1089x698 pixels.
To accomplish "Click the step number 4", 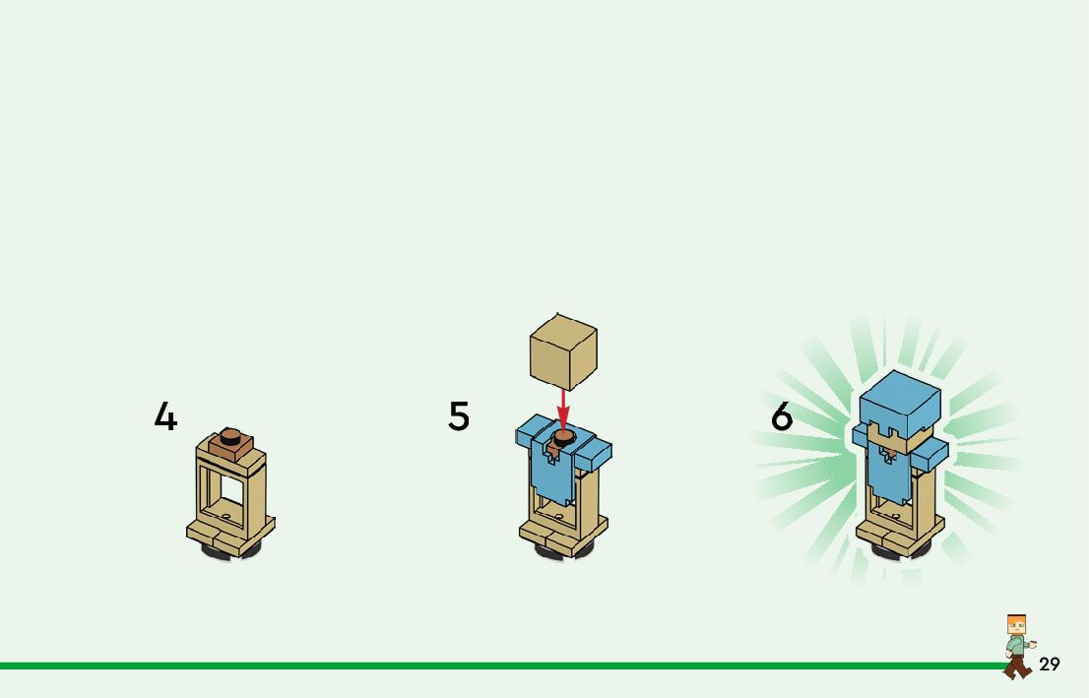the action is pyautogui.click(x=165, y=417).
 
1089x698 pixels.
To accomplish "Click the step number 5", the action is pyautogui.click(x=459, y=416).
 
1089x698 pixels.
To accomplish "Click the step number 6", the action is pyautogui.click(x=782, y=417).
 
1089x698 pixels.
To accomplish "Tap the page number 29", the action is pyautogui.click(x=1050, y=665).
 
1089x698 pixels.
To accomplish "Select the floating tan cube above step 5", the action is pyautogui.click(x=563, y=350).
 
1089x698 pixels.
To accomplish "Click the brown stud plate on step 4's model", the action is pyautogui.click(x=231, y=444).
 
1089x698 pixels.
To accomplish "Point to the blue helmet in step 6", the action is pyautogui.click(x=900, y=400).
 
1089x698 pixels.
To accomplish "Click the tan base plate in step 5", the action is pyautogui.click(x=562, y=534).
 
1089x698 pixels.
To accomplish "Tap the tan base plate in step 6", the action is pyautogui.click(x=898, y=535).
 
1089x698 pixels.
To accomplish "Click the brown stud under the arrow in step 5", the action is pyautogui.click(x=563, y=436).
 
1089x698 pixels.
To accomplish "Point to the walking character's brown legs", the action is pyautogui.click(x=1017, y=666).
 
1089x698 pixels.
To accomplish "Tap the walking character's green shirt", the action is pyautogui.click(x=1016, y=646).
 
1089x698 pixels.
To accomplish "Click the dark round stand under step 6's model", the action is pyautogui.click(x=898, y=552).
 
